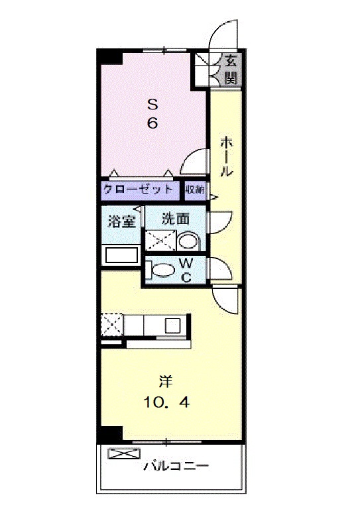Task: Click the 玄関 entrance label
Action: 231,70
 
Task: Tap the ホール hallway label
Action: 226,157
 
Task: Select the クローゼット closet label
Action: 138,189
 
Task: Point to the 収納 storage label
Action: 195,190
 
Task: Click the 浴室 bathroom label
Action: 121,221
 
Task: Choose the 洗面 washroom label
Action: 175,219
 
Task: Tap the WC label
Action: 186,269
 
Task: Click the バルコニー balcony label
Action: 176,466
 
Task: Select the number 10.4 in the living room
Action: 166,403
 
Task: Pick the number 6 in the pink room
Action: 152,123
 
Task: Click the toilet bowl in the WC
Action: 164,270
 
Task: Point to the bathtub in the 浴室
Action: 121,255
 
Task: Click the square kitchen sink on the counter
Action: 172,325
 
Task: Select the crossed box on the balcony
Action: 124,453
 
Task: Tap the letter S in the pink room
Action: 152,105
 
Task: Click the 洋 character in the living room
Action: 166,382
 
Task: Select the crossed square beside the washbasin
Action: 160,241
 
